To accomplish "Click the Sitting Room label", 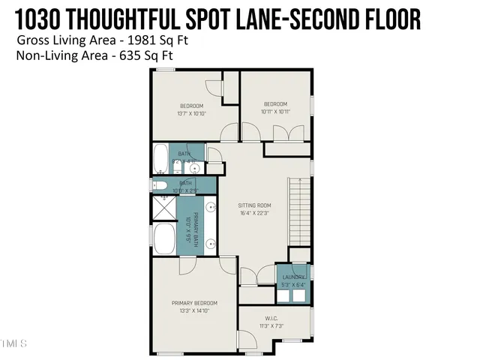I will (254, 205).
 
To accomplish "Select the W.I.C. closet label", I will (272, 318).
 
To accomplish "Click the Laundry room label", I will (293, 277).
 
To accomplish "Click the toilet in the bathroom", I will (160, 185).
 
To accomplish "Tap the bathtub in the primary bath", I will (164, 239).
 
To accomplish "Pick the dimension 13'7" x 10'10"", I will (190, 115).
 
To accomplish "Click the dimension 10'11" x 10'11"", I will (275, 112).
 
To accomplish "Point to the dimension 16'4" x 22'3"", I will (254, 213).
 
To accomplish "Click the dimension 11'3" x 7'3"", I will (272, 325).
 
